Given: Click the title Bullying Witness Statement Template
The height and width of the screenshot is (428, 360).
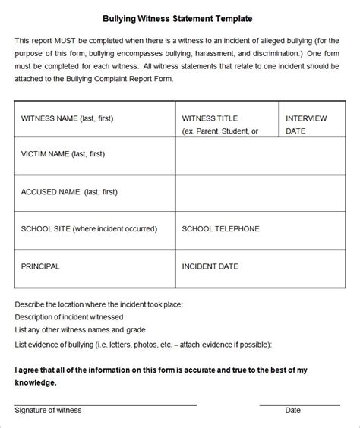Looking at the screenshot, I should pos(179,17).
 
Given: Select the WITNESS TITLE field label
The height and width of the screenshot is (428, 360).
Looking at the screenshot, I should pos(210,119).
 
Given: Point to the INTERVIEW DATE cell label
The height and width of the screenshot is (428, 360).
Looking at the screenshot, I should pos(306,124).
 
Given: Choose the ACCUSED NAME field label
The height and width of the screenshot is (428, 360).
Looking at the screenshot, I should pos(63,192).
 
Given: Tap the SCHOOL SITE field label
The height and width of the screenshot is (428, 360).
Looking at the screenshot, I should pos(89,228).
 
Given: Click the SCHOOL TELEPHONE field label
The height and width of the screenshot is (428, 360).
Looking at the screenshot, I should pos(220,228).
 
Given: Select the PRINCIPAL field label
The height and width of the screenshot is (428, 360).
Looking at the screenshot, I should pos(40,266).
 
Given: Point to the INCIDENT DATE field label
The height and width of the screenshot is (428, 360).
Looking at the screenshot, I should pos(210,266).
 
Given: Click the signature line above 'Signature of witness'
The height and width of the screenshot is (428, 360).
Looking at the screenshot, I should pos(106,404).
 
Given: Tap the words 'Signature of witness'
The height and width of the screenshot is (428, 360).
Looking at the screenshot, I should pos(48,411).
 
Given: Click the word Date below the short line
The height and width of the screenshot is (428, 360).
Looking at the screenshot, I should pos(292,411).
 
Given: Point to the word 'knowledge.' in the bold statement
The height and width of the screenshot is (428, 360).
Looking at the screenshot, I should pos(36,383).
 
